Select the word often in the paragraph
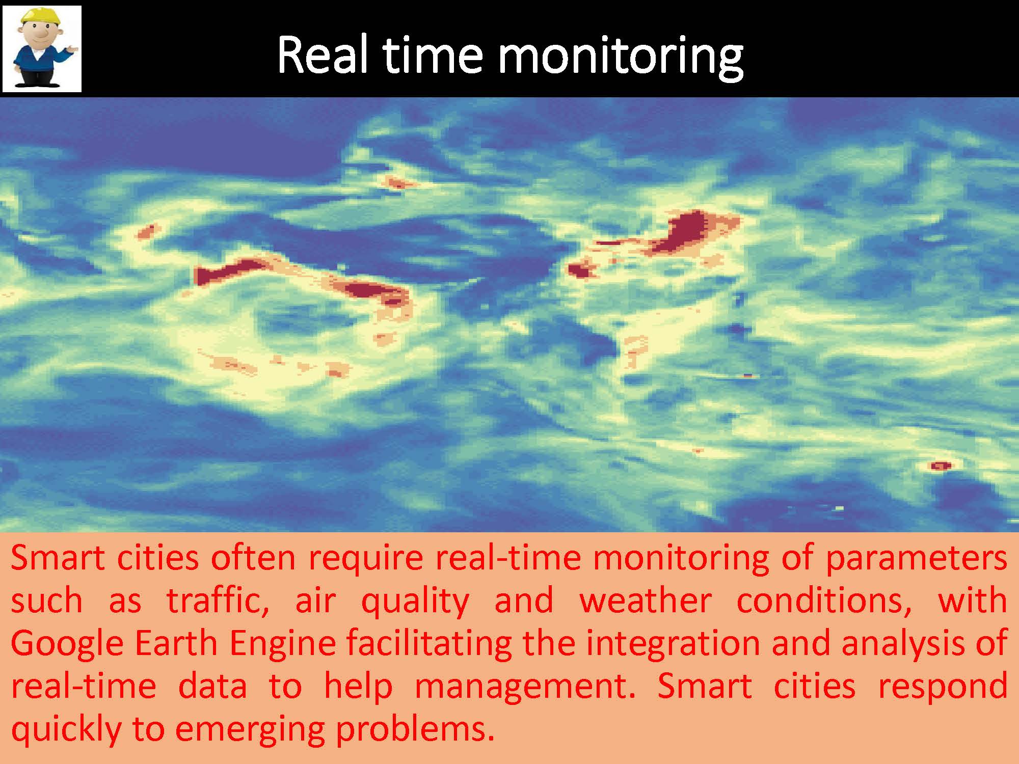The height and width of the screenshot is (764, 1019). (253, 558)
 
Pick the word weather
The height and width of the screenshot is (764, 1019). (645, 601)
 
